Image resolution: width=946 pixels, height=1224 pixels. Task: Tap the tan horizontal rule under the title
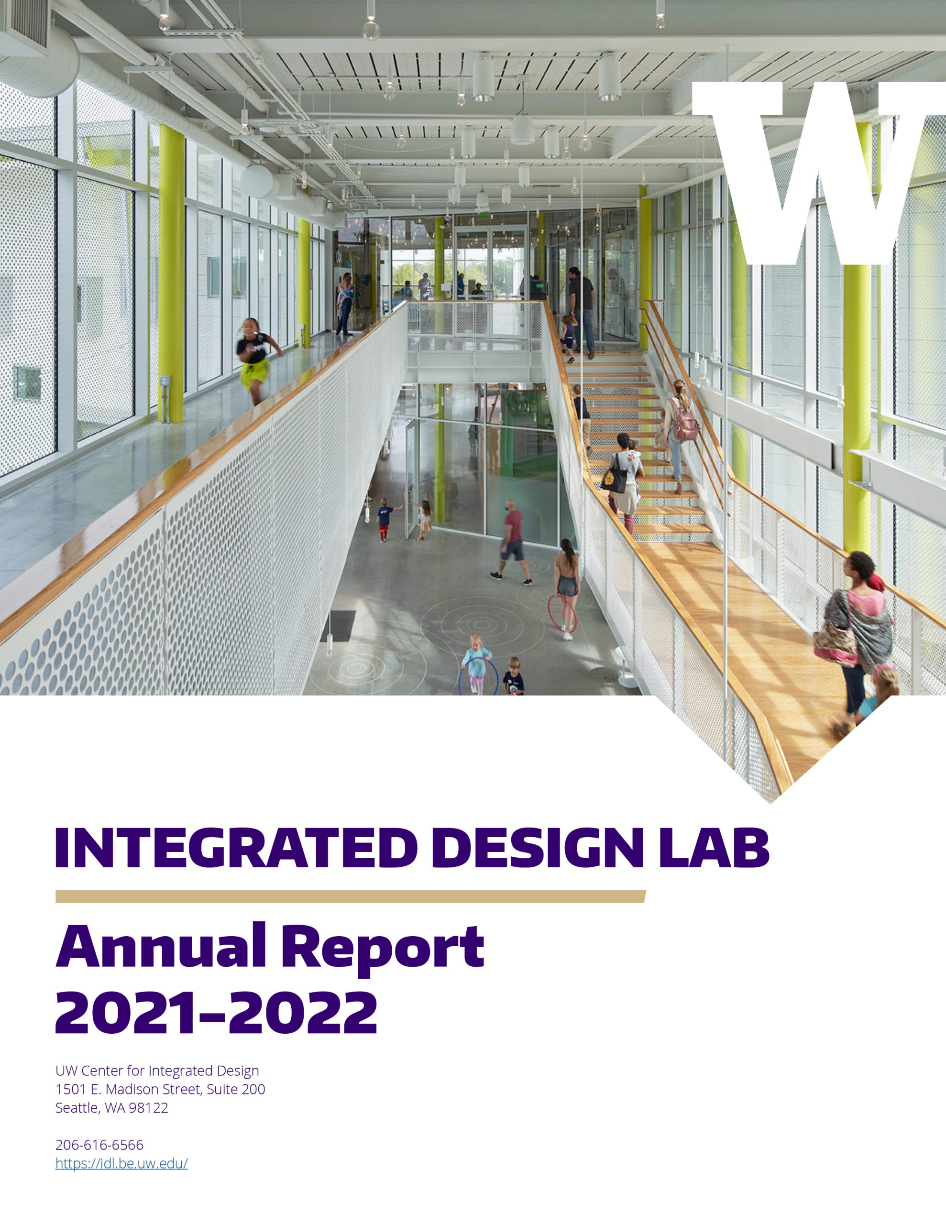tap(351, 896)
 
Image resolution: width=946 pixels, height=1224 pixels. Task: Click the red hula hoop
tap(561, 612)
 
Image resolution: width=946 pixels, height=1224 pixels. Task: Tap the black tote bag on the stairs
tap(615, 478)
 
